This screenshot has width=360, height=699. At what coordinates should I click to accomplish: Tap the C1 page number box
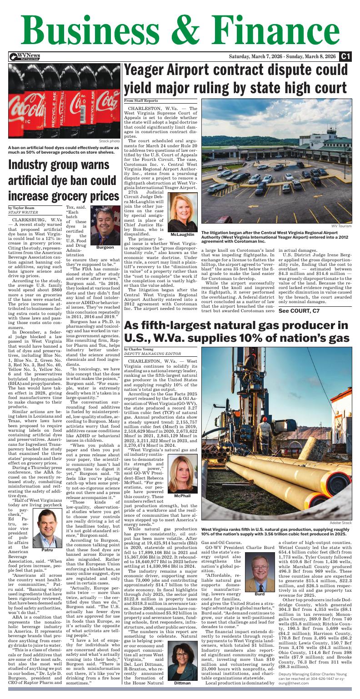(345, 56)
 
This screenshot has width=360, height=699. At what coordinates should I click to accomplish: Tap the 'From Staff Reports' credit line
(141, 100)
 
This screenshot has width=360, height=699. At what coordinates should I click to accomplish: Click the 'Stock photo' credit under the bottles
(109, 141)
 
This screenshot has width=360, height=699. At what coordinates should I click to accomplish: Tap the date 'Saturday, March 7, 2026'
(258, 56)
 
